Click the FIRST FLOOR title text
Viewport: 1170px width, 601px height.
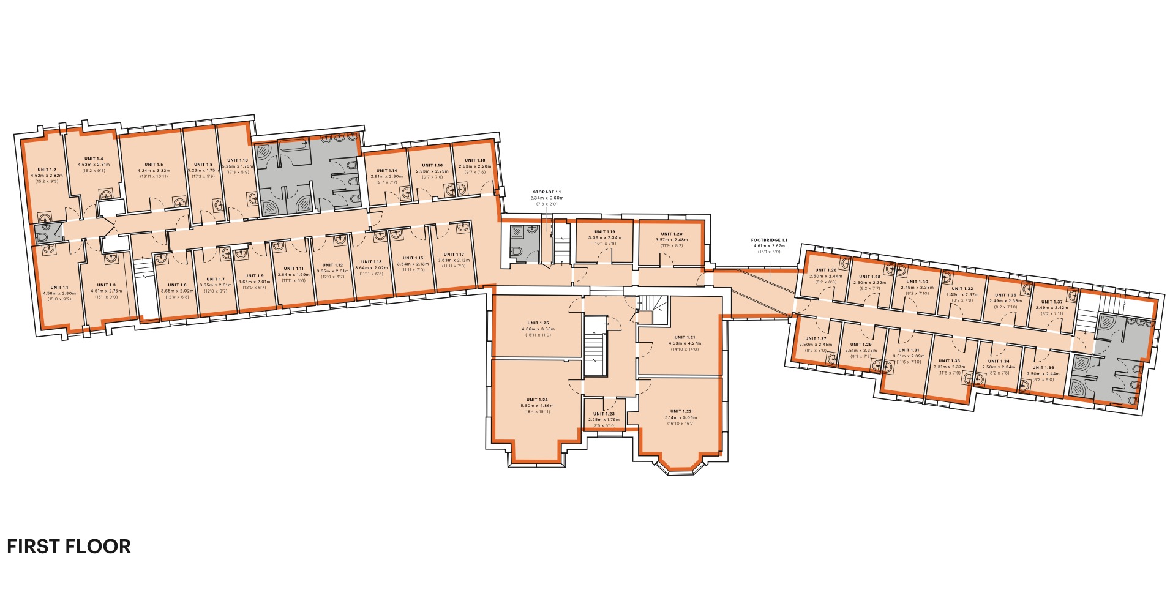(x=69, y=547)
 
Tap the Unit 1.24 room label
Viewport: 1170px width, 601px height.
(x=536, y=400)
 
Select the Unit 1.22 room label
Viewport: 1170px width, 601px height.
(x=680, y=411)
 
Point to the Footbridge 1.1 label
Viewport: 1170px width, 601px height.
(x=769, y=241)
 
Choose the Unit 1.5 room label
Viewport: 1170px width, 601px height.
(x=154, y=165)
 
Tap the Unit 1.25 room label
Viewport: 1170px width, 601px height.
(x=538, y=323)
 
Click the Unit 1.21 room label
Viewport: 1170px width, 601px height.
(x=684, y=337)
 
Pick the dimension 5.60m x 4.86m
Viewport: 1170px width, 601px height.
(x=536, y=406)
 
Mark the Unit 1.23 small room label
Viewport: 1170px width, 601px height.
(x=604, y=414)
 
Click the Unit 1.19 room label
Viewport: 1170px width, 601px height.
(x=605, y=232)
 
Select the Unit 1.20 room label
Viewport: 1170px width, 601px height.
(x=671, y=234)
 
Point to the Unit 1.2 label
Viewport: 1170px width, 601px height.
(x=47, y=170)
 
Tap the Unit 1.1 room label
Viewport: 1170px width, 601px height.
(x=59, y=287)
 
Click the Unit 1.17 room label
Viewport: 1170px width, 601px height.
(x=454, y=254)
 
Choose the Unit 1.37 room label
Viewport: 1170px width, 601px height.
(x=1051, y=302)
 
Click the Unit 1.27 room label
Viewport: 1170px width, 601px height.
(x=816, y=338)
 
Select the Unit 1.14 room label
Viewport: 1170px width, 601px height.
(x=386, y=171)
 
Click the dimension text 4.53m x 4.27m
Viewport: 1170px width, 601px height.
(x=684, y=343)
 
